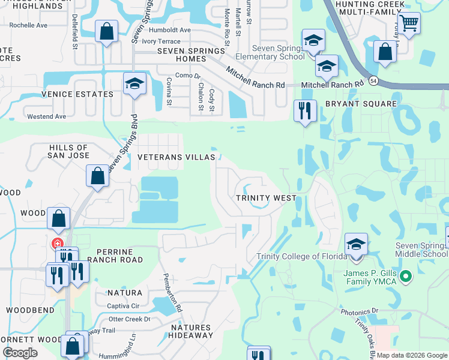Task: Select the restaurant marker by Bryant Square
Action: click(305, 110)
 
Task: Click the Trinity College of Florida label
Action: click(302, 256)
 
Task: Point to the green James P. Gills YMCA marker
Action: click(406, 277)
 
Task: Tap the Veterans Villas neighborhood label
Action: click(176, 157)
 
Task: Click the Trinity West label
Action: click(265, 198)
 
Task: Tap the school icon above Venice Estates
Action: click(134, 84)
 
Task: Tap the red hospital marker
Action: click(57, 244)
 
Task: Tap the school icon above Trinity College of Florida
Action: click(357, 245)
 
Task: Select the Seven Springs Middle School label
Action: click(421, 250)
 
